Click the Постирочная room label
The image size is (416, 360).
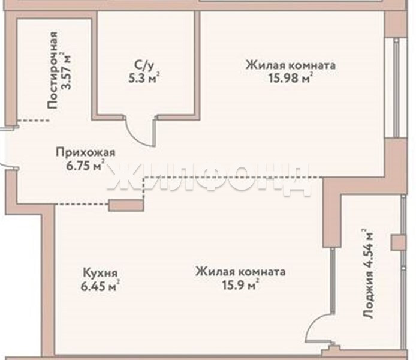pyautogui.click(x=53, y=70)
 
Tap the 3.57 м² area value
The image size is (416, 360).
pyautogui.click(x=67, y=71)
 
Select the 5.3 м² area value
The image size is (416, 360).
pyautogui.click(x=144, y=78)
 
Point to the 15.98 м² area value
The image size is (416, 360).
pyautogui.click(x=291, y=78)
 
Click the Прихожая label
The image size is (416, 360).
pyautogui.click(x=86, y=153)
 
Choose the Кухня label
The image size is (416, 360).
pyautogui.click(x=100, y=273)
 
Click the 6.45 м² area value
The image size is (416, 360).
pyautogui.click(x=100, y=286)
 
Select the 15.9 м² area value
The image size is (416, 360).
pyautogui.click(x=240, y=285)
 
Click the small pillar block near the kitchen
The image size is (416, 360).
pyautogui.click(x=126, y=205)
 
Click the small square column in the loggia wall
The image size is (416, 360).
pyautogui.click(x=399, y=242)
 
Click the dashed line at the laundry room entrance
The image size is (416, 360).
pyautogui.click(x=33, y=120)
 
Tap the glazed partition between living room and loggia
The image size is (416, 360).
pyautogui.click(x=333, y=281)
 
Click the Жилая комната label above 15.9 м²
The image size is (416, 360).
pyautogui.click(x=240, y=272)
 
